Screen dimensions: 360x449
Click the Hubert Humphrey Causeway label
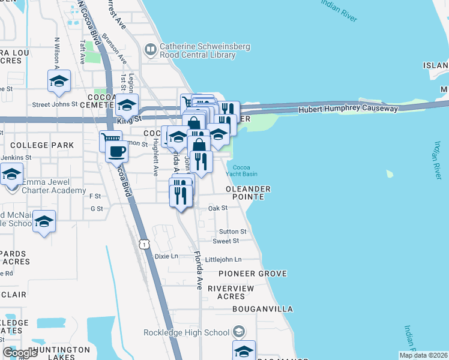pyautogui.click(x=348, y=109)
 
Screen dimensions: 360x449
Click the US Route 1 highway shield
pyautogui.click(x=144, y=244)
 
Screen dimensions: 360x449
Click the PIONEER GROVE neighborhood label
pyautogui.click(x=252, y=274)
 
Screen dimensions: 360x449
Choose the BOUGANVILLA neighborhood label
pyautogui.click(x=263, y=309)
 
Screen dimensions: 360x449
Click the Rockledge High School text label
pyautogui.click(x=186, y=332)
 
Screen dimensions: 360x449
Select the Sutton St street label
pyautogui.click(x=232, y=231)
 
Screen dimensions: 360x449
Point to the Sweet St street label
pyautogui.click(x=226, y=241)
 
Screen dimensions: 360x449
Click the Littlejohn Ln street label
pyautogui.click(x=223, y=259)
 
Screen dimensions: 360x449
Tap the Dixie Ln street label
pyautogui.click(x=166, y=256)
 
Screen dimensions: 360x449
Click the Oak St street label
pyautogui.click(x=218, y=208)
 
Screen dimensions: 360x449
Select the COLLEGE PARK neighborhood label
pyautogui.click(x=42, y=145)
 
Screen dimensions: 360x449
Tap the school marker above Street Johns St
pyautogui.click(x=59, y=81)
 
